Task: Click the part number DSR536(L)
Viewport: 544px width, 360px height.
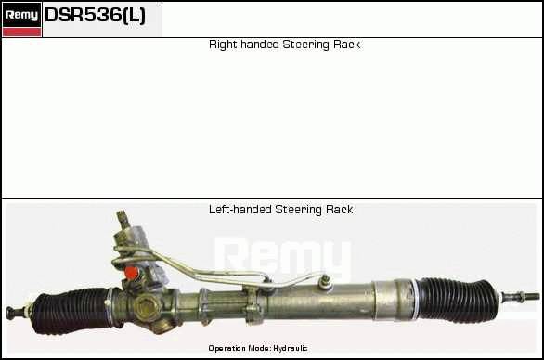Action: point(96,15)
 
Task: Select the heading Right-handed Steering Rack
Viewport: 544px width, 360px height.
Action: point(284,45)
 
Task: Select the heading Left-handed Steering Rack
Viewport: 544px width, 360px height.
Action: point(281,210)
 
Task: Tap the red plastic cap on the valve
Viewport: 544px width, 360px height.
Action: point(132,273)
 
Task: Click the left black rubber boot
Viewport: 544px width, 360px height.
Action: point(72,311)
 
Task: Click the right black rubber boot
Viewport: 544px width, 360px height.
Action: point(457,300)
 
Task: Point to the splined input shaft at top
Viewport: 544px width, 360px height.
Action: point(123,219)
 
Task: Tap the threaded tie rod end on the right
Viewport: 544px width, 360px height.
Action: point(521,297)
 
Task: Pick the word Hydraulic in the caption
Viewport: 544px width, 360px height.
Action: point(290,348)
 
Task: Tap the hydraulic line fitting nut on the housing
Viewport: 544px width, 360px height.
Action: point(325,282)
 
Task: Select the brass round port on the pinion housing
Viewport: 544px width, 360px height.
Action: point(146,306)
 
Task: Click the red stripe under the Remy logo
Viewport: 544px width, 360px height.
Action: point(21,32)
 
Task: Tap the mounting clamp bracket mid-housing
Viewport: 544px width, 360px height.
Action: point(253,305)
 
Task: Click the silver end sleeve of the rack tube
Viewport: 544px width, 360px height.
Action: point(393,300)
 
